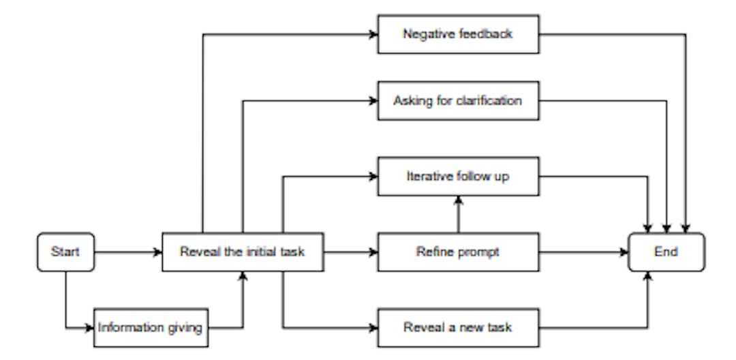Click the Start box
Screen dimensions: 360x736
[65, 252]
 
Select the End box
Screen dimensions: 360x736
[666, 252]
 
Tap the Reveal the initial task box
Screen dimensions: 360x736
[242, 252]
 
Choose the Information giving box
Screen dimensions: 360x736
[150, 328]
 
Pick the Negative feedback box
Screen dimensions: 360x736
[457, 33]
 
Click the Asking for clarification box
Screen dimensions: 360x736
[457, 101]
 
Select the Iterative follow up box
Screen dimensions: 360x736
[457, 176]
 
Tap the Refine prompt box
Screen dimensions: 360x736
[457, 252]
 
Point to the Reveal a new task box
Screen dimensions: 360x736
[457, 328]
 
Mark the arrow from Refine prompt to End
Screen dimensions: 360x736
[583, 252]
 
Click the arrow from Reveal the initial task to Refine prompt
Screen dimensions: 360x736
[349, 252]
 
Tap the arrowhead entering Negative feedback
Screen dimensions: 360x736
[373, 33]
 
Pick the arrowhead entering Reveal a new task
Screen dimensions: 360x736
[373, 328]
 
